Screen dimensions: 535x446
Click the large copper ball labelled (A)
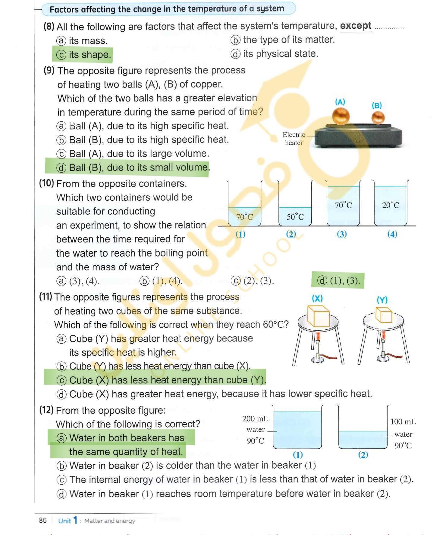tap(341, 116)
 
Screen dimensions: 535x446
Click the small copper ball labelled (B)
tap(378, 118)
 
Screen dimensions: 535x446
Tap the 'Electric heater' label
tap(294, 139)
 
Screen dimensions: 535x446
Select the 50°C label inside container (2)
tap(295, 217)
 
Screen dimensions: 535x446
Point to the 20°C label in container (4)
tap(391, 205)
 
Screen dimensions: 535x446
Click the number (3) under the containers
tap(342, 234)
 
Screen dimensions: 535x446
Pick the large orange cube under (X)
tap(318, 316)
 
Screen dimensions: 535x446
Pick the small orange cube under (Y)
tap(384, 315)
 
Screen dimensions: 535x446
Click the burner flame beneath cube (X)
tap(317, 336)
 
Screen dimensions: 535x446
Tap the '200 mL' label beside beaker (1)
tap(255, 418)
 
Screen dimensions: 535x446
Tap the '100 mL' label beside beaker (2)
tap(403, 421)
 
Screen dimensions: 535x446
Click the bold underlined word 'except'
tap(356, 26)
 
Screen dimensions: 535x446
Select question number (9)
tap(49, 70)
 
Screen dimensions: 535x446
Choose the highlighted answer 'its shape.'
tap(90, 55)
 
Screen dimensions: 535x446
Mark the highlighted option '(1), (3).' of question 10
tap(345, 281)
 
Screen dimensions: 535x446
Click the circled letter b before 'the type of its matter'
tap(235, 40)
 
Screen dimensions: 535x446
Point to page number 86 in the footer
tap(43, 520)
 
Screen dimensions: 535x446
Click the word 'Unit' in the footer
tap(64, 521)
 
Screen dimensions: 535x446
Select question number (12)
tap(46, 410)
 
